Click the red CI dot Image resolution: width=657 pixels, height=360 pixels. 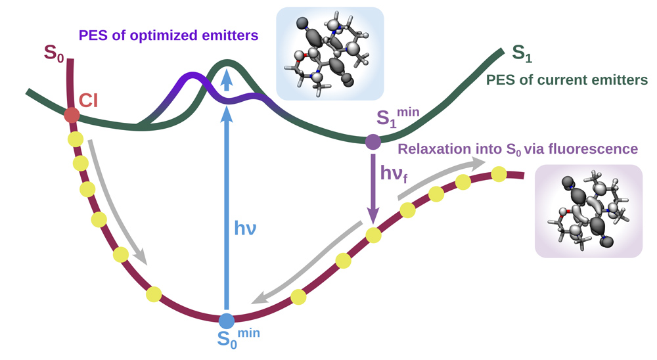coord(72,115)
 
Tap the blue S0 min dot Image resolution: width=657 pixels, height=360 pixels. coord(227,321)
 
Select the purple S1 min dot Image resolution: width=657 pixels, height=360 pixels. coord(373,142)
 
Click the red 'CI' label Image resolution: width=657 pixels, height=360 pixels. coord(89,101)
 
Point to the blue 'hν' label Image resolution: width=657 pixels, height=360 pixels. coord(245,229)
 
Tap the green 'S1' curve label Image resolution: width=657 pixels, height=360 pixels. coord(522,54)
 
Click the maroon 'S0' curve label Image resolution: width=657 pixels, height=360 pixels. coord(54,54)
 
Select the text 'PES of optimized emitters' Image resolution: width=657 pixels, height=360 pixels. coord(168,35)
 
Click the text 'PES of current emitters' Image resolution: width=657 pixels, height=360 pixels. coord(567,79)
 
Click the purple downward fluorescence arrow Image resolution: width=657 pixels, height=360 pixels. coord(373,189)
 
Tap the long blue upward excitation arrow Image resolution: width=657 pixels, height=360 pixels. coord(227,208)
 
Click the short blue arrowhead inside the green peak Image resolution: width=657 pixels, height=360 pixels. coord(227,79)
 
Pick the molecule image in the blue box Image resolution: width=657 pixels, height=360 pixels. coord(330,54)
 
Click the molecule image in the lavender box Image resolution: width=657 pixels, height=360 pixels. coord(588,211)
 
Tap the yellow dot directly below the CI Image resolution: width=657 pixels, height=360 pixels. coord(76,139)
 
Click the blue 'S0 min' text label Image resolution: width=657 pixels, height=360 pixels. coord(238,338)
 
